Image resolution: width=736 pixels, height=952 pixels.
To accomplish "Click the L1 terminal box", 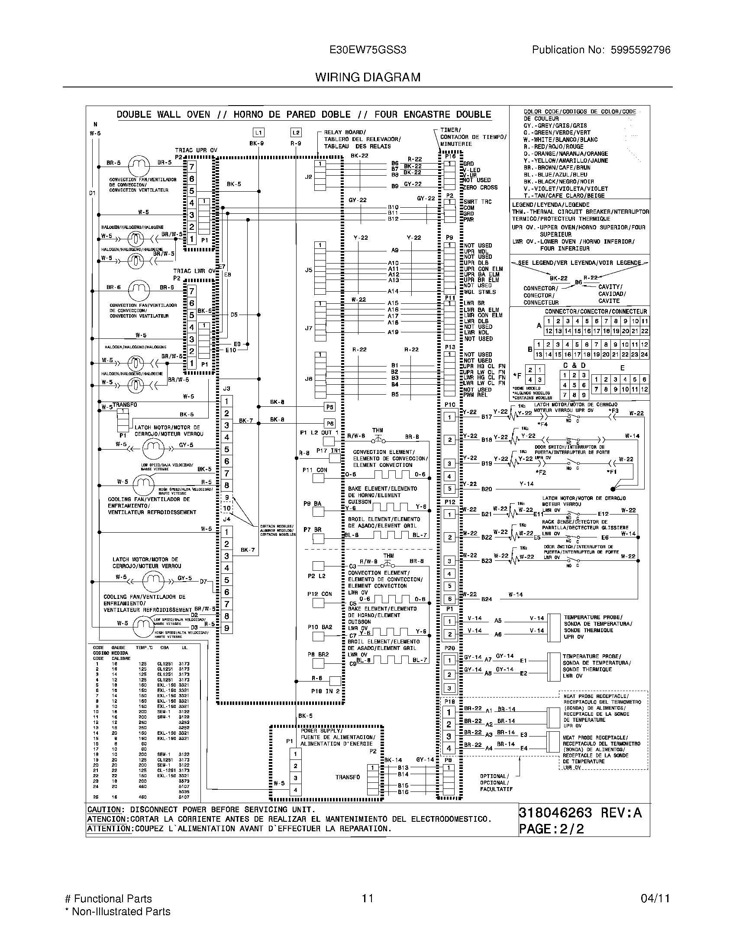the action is pyautogui.click(x=258, y=132).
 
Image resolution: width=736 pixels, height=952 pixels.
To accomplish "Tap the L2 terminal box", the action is pyautogui.click(x=296, y=132).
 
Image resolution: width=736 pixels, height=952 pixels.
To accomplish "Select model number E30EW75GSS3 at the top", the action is pyautogui.click(x=368, y=50).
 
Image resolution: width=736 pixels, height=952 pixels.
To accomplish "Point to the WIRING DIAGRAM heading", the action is pyautogui.click(x=368, y=77).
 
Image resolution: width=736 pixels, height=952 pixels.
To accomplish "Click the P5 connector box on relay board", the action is pyautogui.click(x=329, y=407).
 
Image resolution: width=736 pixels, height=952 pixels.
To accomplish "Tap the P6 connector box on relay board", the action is pyautogui.click(x=329, y=424).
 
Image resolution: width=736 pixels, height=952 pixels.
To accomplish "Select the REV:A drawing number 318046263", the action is pyautogui.click(x=555, y=813).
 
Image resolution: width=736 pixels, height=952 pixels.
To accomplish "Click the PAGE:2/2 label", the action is pyautogui.click(x=551, y=829).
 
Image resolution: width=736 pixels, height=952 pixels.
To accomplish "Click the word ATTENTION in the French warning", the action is pyautogui.click(x=109, y=829).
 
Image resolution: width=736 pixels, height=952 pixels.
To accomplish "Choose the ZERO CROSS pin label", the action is pyautogui.click(x=480, y=187).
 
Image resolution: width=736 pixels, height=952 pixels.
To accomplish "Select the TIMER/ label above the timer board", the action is pyautogui.click(x=450, y=130).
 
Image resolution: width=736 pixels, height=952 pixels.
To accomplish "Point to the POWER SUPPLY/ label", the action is pyautogui.click(x=321, y=730).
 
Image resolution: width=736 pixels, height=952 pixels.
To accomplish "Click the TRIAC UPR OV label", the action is pyautogui.click(x=196, y=151).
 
